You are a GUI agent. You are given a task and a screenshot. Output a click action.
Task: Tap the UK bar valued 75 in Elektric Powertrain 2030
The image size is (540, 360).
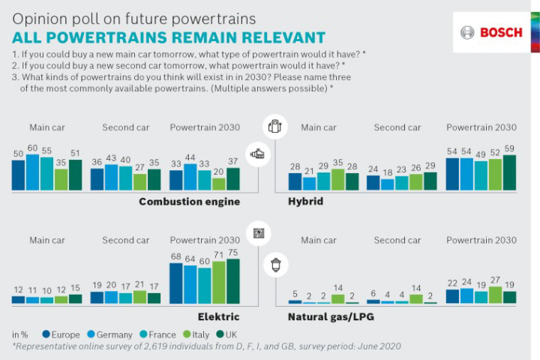click(x=233, y=281)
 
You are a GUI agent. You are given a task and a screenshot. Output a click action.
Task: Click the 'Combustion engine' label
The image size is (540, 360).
click(x=189, y=202)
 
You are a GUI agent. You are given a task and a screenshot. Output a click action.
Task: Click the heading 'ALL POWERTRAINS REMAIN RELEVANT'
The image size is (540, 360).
click(x=169, y=37)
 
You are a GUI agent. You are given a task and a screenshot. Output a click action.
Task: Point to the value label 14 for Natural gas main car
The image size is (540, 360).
click(x=338, y=287)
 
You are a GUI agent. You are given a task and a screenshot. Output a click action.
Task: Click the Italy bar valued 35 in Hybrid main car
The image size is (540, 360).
click(x=337, y=180)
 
